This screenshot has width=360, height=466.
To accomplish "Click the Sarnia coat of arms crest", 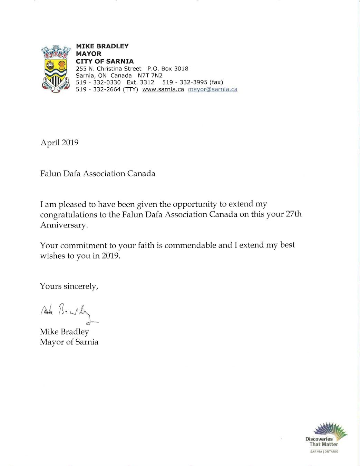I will (56, 69).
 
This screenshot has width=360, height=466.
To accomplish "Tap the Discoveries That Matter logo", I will (325, 437).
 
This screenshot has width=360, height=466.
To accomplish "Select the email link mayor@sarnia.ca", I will (213, 89).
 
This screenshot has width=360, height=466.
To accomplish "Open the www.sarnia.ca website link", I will (163, 89).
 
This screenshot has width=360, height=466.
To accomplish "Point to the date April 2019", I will (59, 142).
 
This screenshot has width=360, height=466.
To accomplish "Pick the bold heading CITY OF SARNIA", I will (105, 61).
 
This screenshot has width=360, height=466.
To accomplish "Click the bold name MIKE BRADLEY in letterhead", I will (102, 46).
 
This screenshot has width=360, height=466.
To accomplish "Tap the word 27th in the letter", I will (293, 214).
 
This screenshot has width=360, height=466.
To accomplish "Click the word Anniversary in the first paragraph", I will (64, 225).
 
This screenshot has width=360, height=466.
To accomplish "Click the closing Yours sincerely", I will (69, 286).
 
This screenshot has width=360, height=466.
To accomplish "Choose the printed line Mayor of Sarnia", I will (69, 342).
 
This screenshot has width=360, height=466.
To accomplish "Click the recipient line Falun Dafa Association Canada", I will (98, 173).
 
